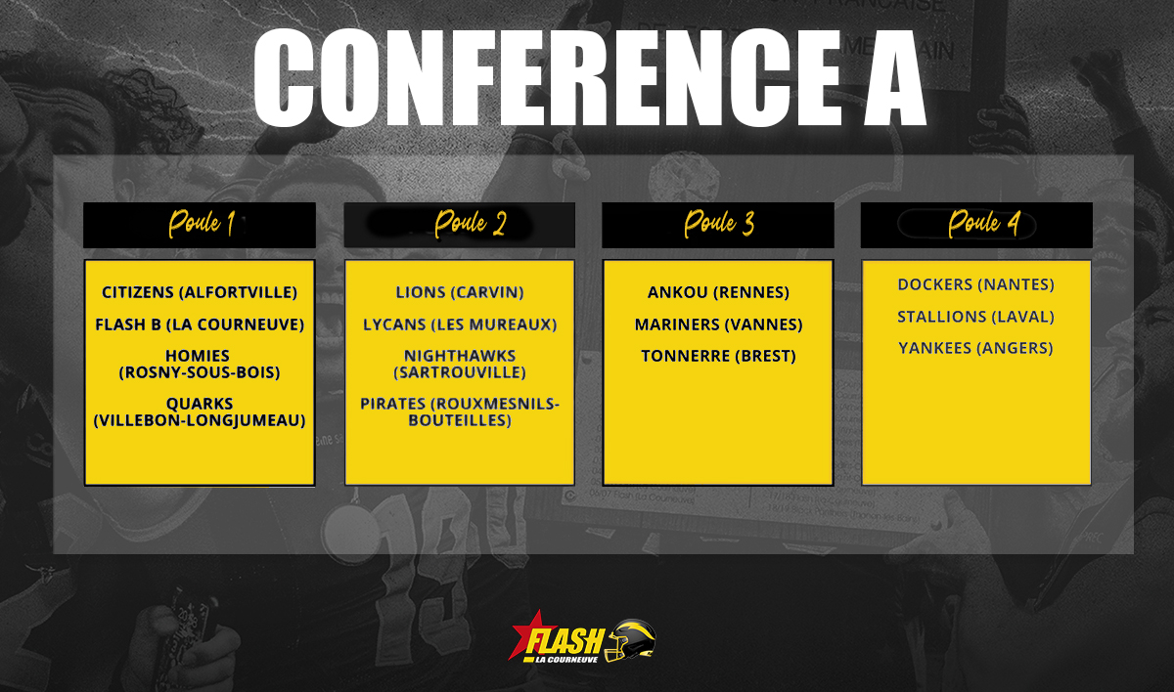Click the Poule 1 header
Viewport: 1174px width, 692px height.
click(200, 225)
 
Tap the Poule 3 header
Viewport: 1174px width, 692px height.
click(718, 225)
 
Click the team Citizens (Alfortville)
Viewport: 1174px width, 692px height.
click(200, 292)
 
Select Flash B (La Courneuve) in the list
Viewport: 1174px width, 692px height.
click(200, 325)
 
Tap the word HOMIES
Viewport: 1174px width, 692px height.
click(198, 356)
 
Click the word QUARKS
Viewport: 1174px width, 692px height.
click(200, 404)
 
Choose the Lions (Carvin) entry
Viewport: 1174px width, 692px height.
click(460, 292)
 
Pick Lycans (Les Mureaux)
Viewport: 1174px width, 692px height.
click(460, 325)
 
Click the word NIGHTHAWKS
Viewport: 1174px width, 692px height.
click(460, 356)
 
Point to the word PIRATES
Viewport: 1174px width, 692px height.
click(392, 404)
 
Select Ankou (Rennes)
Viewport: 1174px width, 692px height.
click(718, 292)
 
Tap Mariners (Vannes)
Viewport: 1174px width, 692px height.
click(718, 325)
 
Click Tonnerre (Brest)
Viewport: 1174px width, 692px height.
click(718, 357)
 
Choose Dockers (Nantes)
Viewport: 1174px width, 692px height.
click(976, 284)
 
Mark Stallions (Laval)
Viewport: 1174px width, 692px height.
click(976, 318)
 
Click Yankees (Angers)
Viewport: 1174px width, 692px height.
click(976, 348)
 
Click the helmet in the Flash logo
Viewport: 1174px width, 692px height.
click(630, 640)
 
